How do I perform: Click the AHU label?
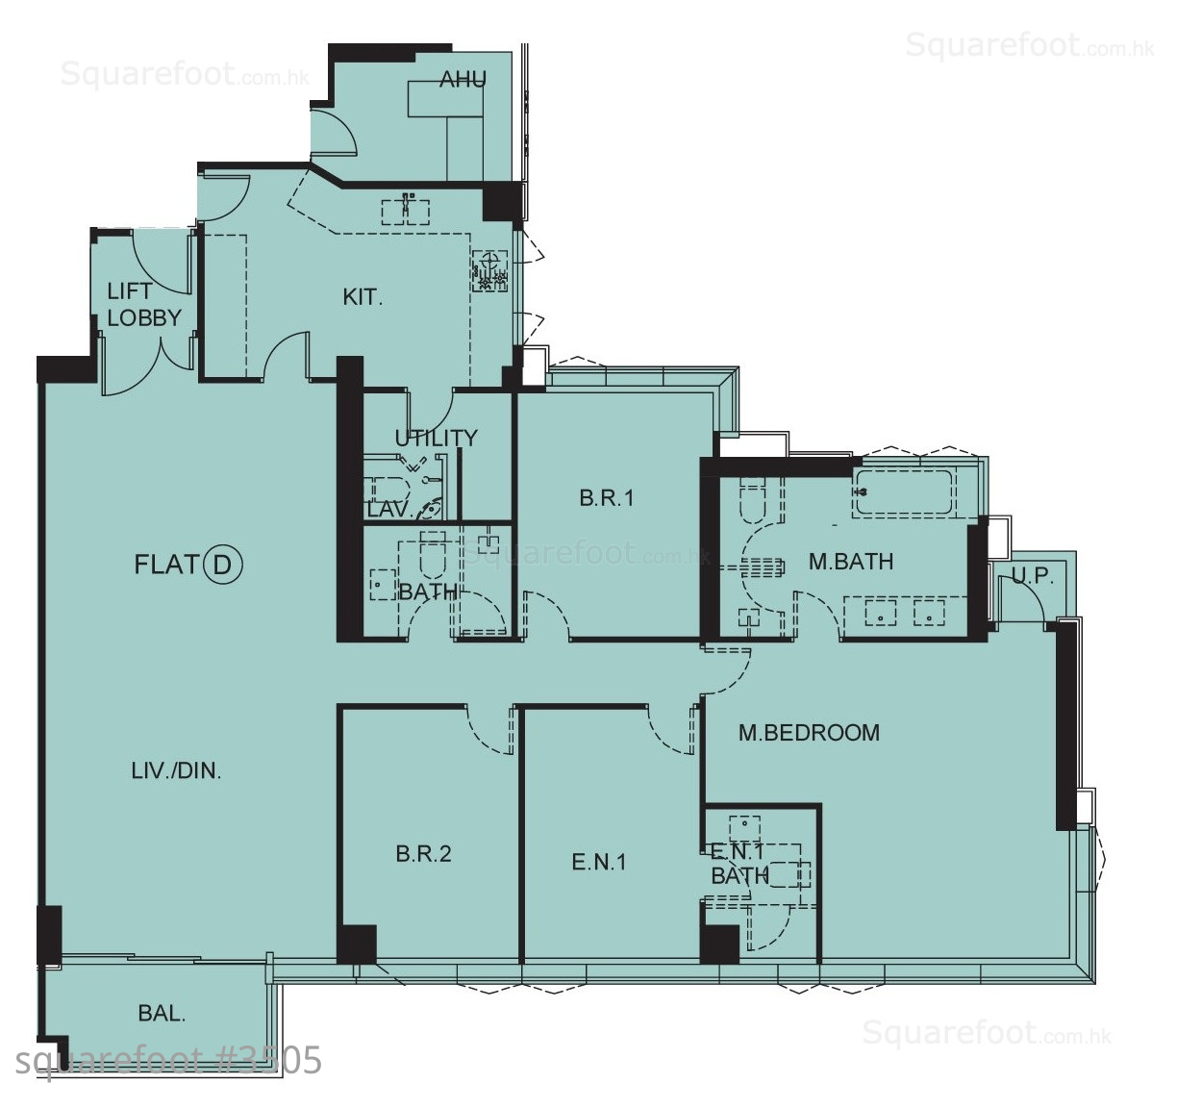[463, 79]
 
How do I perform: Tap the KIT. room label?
[363, 297]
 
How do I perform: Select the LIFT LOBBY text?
[144, 305]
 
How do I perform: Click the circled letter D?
[223, 565]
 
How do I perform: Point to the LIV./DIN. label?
[176, 771]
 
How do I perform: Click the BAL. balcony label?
[162, 1014]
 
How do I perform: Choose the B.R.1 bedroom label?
[606, 498]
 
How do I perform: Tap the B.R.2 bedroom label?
[423, 854]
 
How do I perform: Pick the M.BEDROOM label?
[809, 733]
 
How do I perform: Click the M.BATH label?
[851, 562]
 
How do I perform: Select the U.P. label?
[1033, 575]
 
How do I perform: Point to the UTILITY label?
[437, 438]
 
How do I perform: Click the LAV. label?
[389, 509]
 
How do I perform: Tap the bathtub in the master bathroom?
[903, 492]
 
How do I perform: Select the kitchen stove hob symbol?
[490, 270]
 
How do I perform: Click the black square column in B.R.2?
[357, 944]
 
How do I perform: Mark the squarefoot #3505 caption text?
[168, 1061]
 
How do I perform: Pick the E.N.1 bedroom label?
[598, 862]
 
